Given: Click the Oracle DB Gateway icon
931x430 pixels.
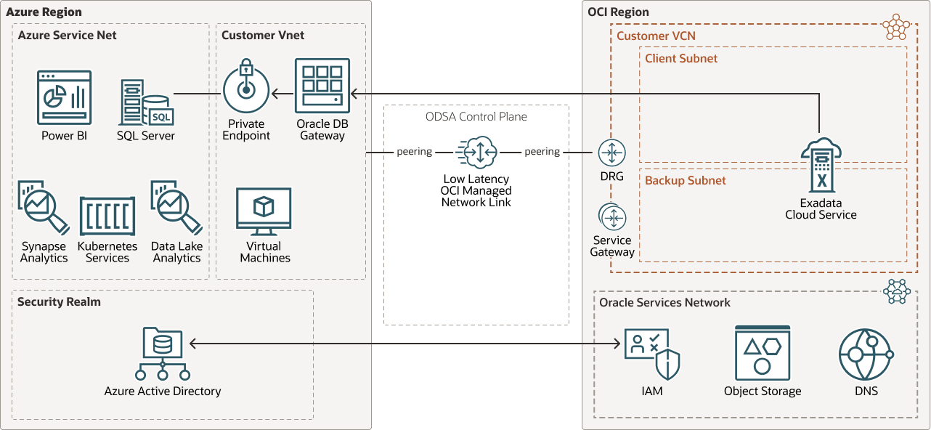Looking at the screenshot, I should click(x=322, y=85).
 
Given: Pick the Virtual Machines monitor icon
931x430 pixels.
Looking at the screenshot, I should click(x=264, y=211).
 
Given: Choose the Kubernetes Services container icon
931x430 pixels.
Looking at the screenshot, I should click(x=107, y=216).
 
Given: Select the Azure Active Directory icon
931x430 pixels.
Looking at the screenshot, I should click(x=163, y=354).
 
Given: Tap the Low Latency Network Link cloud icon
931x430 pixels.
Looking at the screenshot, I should click(x=476, y=153).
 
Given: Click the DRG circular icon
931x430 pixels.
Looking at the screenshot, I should click(x=611, y=153).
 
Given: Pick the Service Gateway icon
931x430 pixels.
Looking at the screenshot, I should click(x=612, y=217).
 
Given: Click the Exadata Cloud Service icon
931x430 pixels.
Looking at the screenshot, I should click(x=821, y=166).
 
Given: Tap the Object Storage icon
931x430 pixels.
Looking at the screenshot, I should click(x=762, y=353).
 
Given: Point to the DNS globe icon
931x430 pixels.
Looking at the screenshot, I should click(x=866, y=354).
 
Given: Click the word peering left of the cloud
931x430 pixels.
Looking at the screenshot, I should click(x=414, y=152).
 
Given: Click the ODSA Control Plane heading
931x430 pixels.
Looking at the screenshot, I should click(x=476, y=116).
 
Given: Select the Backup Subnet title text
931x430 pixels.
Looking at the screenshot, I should click(x=685, y=180).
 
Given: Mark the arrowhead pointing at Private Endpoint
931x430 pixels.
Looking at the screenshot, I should click(x=276, y=94).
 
